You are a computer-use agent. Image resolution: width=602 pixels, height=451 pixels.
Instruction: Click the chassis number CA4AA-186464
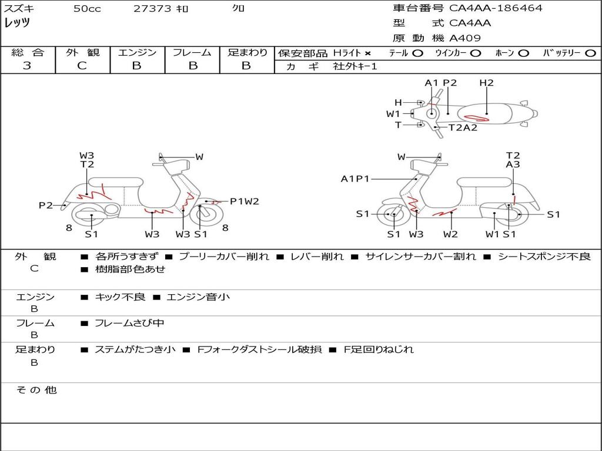[x=496, y=8]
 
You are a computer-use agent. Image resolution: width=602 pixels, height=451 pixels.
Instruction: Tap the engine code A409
[x=465, y=38]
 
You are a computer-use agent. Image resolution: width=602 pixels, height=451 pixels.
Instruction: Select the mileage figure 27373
[x=152, y=8]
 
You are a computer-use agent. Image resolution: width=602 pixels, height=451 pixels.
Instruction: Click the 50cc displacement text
[x=87, y=8]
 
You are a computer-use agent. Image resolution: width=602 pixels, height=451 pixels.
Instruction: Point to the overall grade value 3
[x=27, y=65]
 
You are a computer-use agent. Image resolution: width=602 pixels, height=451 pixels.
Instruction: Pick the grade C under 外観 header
[x=82, y=65]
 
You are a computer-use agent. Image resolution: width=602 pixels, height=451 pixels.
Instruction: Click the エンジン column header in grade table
[x=137, y=52]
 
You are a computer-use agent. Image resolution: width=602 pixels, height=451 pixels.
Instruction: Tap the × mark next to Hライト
[x=368, y=53]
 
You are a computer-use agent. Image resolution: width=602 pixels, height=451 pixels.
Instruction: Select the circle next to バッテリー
[x=590, y=53]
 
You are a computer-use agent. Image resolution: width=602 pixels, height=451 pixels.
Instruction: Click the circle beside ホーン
[x=524, y=53]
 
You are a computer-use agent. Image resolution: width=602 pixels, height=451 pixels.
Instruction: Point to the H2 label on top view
[x=486, y=83]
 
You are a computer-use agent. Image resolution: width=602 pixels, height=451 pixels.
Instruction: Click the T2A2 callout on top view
[x=463, y=127]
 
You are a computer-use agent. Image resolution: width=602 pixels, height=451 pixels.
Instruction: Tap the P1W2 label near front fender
[x=245, y=201]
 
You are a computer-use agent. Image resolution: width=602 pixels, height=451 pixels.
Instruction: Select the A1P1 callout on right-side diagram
[x=355, y=179]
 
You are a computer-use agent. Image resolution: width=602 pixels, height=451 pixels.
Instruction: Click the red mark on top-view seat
[x=476, y=118]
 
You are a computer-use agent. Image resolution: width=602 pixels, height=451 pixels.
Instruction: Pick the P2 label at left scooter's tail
[x=46, y=206]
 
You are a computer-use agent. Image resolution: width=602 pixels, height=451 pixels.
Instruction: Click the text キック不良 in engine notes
[x=120, y=297]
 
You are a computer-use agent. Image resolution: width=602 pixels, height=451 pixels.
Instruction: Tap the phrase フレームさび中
[x=129, y=324]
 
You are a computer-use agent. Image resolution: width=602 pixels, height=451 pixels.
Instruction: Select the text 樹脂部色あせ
[x=131, y=269]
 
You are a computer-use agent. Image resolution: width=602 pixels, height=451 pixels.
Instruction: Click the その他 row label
[x=36, y=390]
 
